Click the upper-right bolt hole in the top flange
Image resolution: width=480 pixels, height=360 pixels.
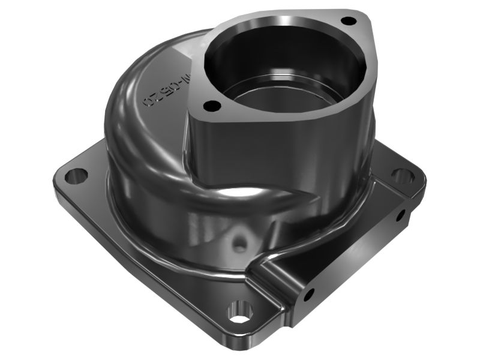click(x=346, y=21)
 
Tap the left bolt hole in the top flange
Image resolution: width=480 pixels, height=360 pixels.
click(x=211, y=106)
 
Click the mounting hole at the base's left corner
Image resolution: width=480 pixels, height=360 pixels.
click(x=76, y=176)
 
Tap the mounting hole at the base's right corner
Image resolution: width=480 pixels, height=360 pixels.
click(x=402, y=176)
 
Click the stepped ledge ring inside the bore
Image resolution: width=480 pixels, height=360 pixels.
click(x=282, y=96)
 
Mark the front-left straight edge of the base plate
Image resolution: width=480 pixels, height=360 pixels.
click(x=138, y=264)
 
